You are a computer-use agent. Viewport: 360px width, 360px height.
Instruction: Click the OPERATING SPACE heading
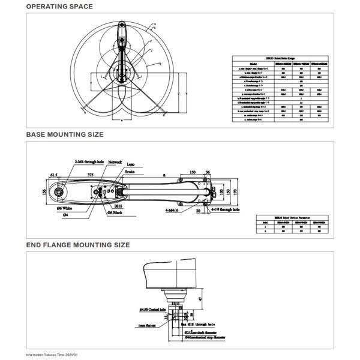pyautogui.click(x=59, y=7)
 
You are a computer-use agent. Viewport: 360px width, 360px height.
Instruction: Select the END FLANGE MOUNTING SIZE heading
pyautogui.click(x=77, y=245)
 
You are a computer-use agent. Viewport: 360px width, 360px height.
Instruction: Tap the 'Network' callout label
pyautogui.click(x=115, y=163)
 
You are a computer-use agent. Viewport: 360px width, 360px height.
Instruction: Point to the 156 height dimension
pyautogui.click(x=44, y=193)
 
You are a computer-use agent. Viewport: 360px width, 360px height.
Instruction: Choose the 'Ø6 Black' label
pyautogui.click(x=116, y=213)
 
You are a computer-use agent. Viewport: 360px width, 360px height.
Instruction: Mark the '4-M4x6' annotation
pyautogui.click(x=175, y=210)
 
